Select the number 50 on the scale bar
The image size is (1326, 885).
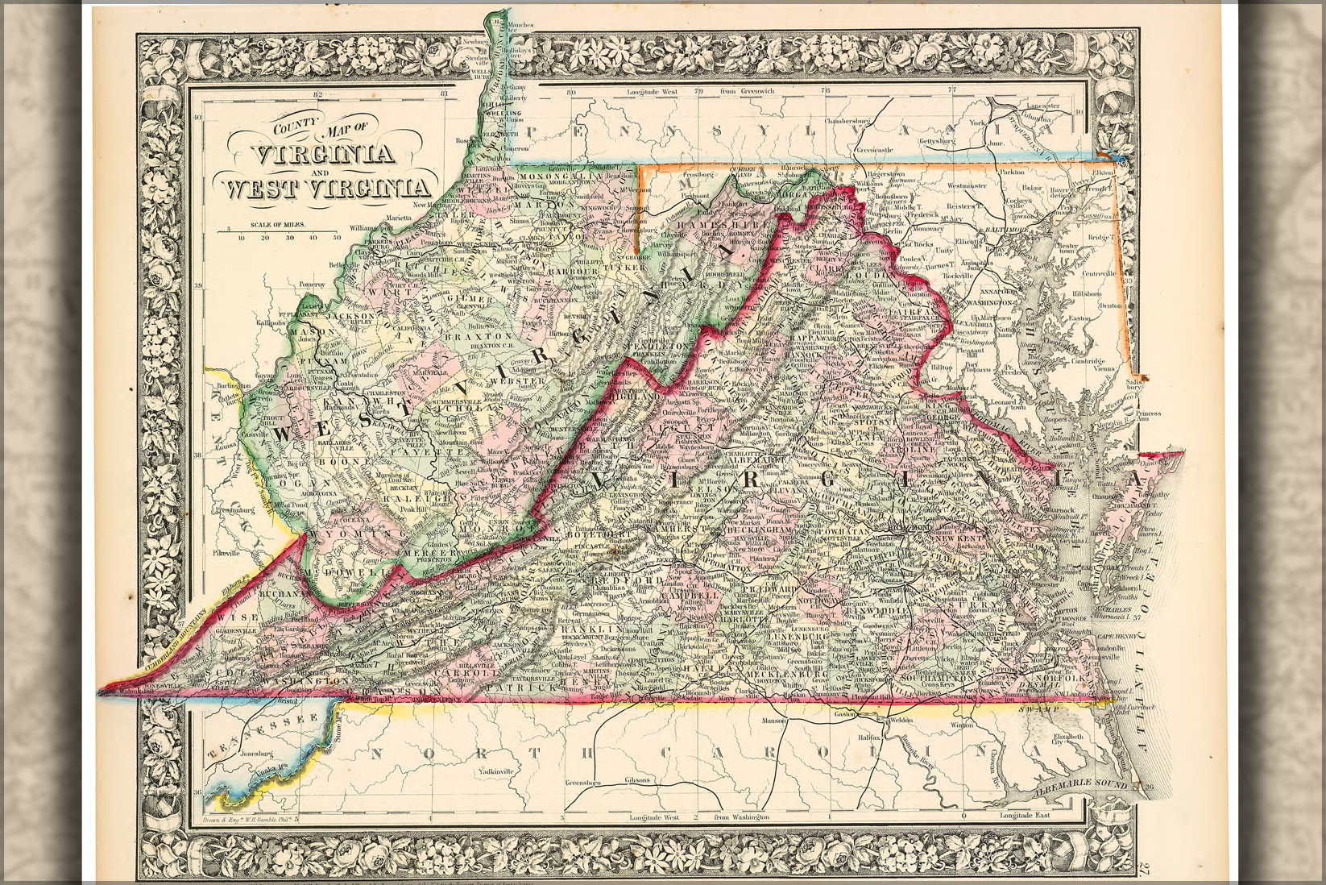point(337,238)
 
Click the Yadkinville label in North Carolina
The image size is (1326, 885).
point(496,771)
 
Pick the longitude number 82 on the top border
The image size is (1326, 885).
point(317,95)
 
